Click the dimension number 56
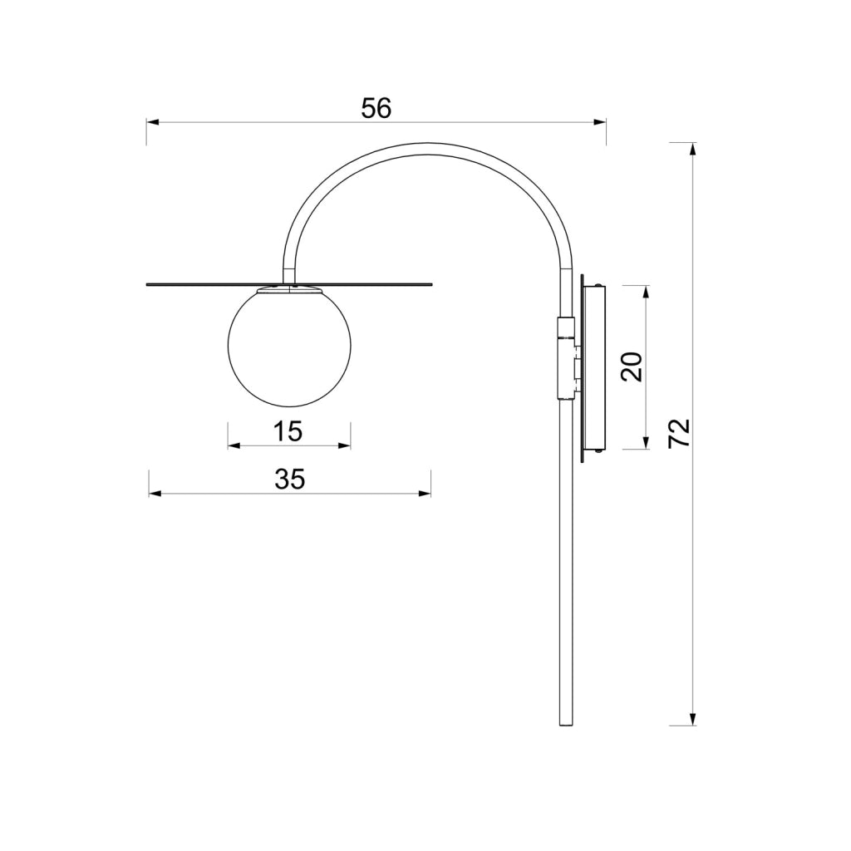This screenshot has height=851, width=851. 376,109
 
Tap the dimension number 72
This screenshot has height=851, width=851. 679,432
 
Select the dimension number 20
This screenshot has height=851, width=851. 632,366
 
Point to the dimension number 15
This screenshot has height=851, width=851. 288,431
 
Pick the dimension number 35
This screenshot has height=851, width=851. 290,480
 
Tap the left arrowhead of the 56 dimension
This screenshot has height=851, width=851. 152,123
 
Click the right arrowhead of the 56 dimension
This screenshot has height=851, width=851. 600,123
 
